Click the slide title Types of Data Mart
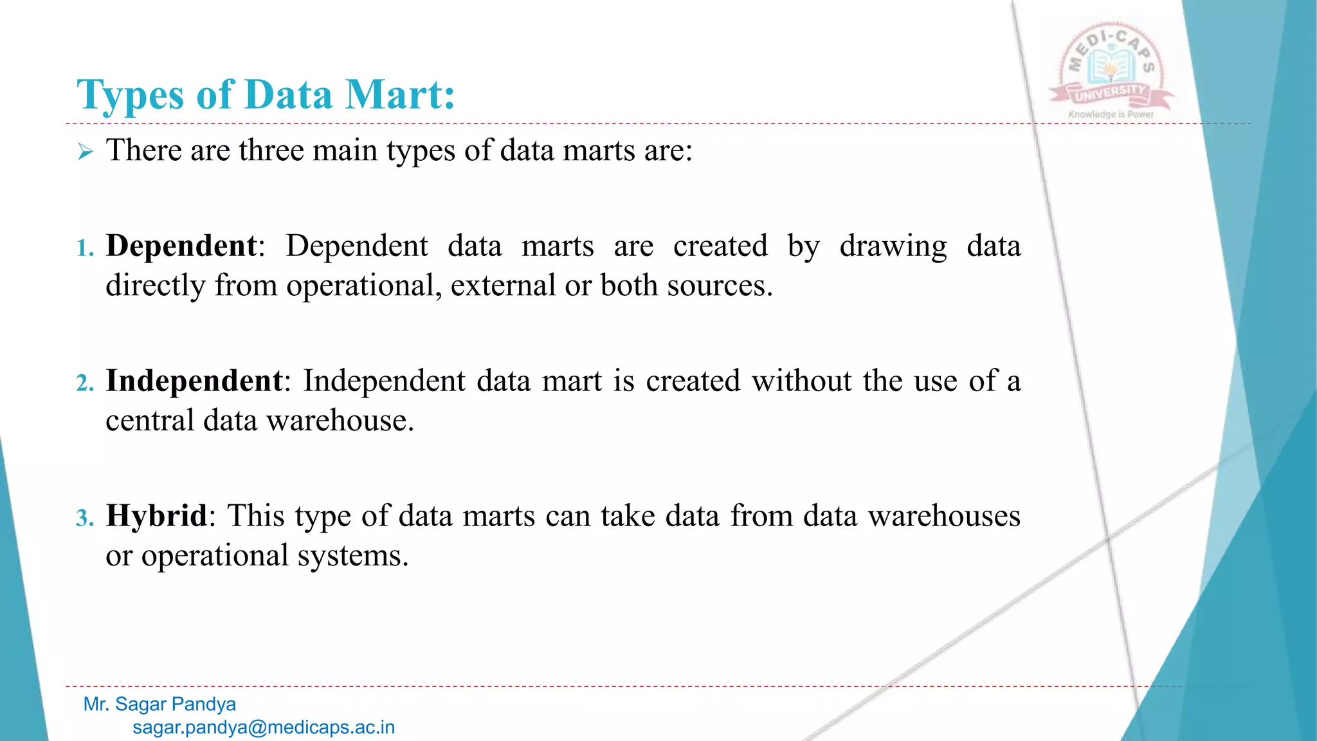point(266,95)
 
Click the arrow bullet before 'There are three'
point(86,152)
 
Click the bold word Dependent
point(181,246)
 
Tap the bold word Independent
point(194,381)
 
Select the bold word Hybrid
point(157,516)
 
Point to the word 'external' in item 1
point(504,286)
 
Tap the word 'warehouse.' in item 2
point(340,421)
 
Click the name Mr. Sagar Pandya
point(159,704)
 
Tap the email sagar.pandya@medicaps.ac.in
point(264,727)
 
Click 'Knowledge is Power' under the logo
point(1111,114)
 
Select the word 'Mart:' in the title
point(400,95)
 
